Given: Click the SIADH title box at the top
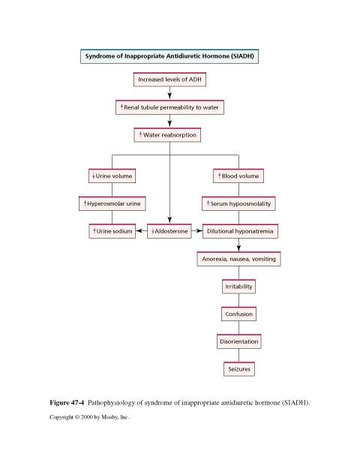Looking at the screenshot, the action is pos(169,56).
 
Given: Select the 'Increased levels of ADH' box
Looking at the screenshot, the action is pos(169,80).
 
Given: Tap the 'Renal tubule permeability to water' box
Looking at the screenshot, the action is pos(169,107).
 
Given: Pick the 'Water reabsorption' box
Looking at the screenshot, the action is pos(167,135).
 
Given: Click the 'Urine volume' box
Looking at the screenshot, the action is pos(112,176).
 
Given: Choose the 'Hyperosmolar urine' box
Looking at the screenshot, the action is pos(112,203).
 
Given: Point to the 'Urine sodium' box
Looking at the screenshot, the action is pos(112,231).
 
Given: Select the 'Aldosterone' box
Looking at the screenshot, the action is pos(169,231).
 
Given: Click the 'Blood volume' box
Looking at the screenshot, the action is pos(238,176).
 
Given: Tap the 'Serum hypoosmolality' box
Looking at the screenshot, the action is pos(238,203).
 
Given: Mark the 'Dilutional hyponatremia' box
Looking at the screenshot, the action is pos(240,231).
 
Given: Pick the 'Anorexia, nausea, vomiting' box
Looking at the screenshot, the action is pos(238,259).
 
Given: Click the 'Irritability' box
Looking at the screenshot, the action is pos(238,287).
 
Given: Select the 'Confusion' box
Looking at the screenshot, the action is pos(238,314).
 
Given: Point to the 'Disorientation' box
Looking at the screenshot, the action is pos(239,341).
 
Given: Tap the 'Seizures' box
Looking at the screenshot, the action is pos(239,369).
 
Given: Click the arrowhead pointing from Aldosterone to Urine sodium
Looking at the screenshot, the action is pos(139,231).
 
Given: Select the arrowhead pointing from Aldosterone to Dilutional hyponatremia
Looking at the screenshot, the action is pos(199,231).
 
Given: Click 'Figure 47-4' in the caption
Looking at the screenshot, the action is pos(67,403).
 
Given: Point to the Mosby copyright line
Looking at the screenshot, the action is pos(89,417).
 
